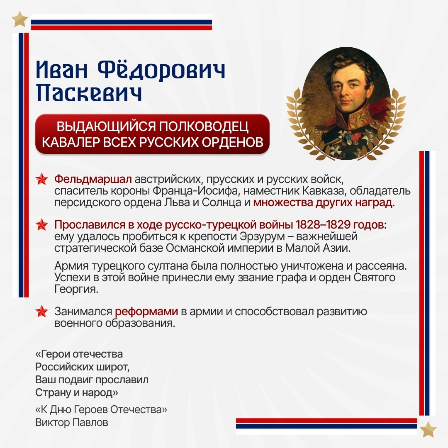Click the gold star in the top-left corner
coord(20,19)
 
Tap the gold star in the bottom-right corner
coord(428,429)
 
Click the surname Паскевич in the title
coord(89,93)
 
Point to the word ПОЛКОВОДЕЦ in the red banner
coord(203,127)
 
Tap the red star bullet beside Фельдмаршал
coord(42,180)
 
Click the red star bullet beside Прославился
coord(42,225)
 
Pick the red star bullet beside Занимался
coord(42,312)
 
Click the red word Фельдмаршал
coord(93,180)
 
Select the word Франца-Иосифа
coord(197,191)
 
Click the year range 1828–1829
coord(323,225)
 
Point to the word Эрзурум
coord(262,236)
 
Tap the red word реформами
coord(146,312)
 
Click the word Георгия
coord(76,289)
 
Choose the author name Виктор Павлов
coord(72,422)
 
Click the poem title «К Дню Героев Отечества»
coord(101,410)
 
